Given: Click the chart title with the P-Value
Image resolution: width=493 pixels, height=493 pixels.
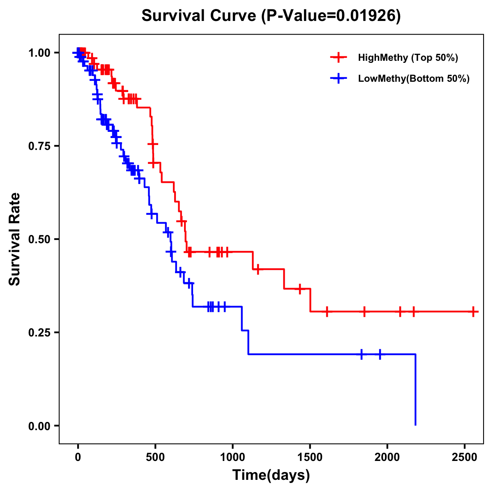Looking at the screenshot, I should [271, 16].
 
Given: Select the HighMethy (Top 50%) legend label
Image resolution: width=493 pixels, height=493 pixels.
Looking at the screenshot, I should [408, 58].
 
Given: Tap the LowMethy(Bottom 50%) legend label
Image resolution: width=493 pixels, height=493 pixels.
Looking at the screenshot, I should [413, 78].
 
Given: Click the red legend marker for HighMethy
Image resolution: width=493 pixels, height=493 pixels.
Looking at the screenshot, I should [339, 58].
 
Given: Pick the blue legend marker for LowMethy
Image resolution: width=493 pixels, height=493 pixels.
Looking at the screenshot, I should [339, 78].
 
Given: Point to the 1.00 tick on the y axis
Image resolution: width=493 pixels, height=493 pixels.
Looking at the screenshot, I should [39, 53].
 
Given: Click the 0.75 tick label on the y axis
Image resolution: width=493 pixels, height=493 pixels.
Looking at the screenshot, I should [39, 146].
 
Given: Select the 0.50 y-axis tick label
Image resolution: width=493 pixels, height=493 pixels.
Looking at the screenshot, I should [39, 239].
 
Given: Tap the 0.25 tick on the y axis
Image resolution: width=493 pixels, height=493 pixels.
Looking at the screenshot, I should [39, 332].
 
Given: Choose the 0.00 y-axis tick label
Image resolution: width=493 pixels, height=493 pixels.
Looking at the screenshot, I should [39, 426].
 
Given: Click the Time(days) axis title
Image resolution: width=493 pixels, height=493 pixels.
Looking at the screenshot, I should [271, 475].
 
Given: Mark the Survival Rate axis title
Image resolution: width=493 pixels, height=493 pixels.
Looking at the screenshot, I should [15, 239].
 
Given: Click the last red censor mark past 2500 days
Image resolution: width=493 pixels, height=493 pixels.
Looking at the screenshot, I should [473, 312].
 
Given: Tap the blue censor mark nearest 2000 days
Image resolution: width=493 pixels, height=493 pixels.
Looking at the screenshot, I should [380, 354].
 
